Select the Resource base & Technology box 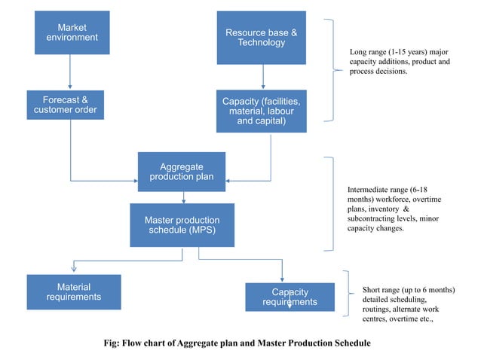pyautogui.click(x=262, y=38)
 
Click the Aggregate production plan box pyautogui.click(x=182, y=172)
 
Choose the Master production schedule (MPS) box pyautogui.click(x=182, y=225)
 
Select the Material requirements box pyautogui.click(x=74, y=292)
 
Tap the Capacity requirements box pyautogui.click(x=290, y=297)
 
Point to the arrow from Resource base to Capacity pyautogui.click(x=262, y=77)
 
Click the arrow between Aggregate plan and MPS pyautogui.click(x=183, y=197)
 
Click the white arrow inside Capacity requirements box pyautogui.click(x=290, y=304)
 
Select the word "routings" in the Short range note pyautogui.click(x=377, y=309)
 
